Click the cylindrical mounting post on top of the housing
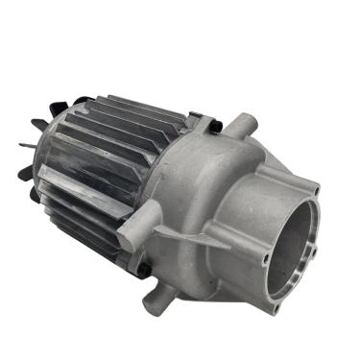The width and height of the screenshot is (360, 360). pos(244,128)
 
